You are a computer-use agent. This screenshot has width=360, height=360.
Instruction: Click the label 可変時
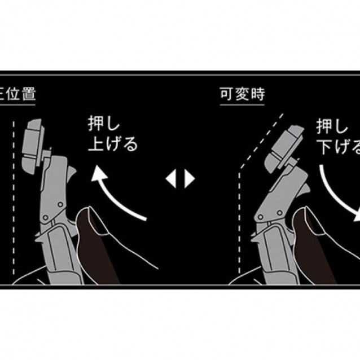[242, 94]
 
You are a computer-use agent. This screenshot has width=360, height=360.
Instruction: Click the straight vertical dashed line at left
[12, 197]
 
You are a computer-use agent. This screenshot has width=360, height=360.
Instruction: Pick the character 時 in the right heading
[257, 94]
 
